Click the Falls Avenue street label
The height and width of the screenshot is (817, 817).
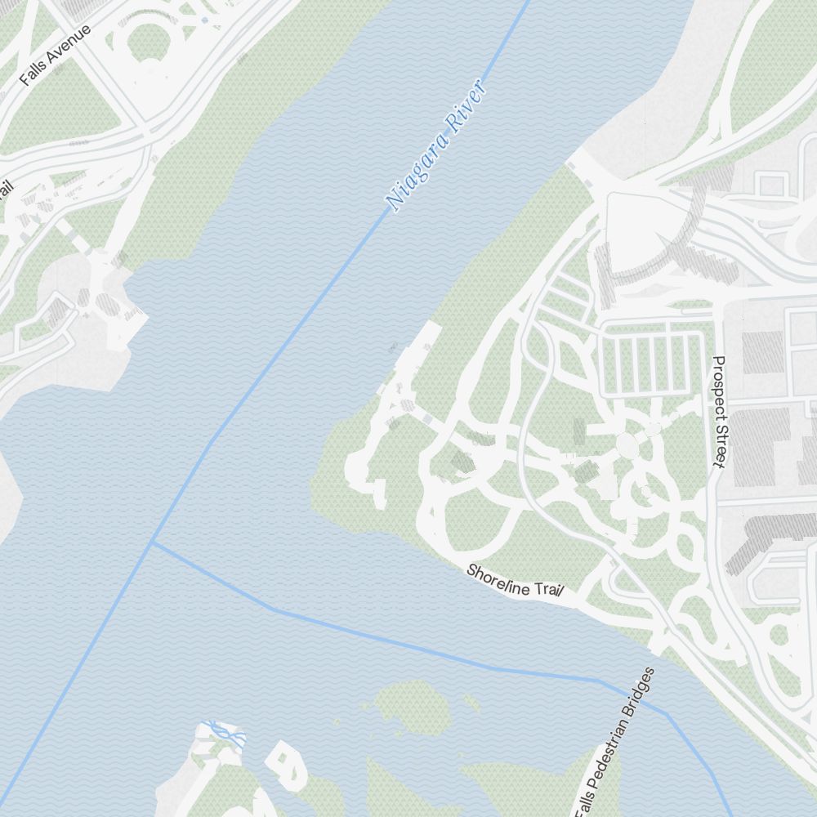click(x=56, y=55)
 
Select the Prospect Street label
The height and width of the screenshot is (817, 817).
click(x=719, y=412)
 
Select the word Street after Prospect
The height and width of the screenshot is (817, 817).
click(x=719, y=449)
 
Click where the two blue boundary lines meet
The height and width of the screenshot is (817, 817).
click(x=152, y=542)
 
